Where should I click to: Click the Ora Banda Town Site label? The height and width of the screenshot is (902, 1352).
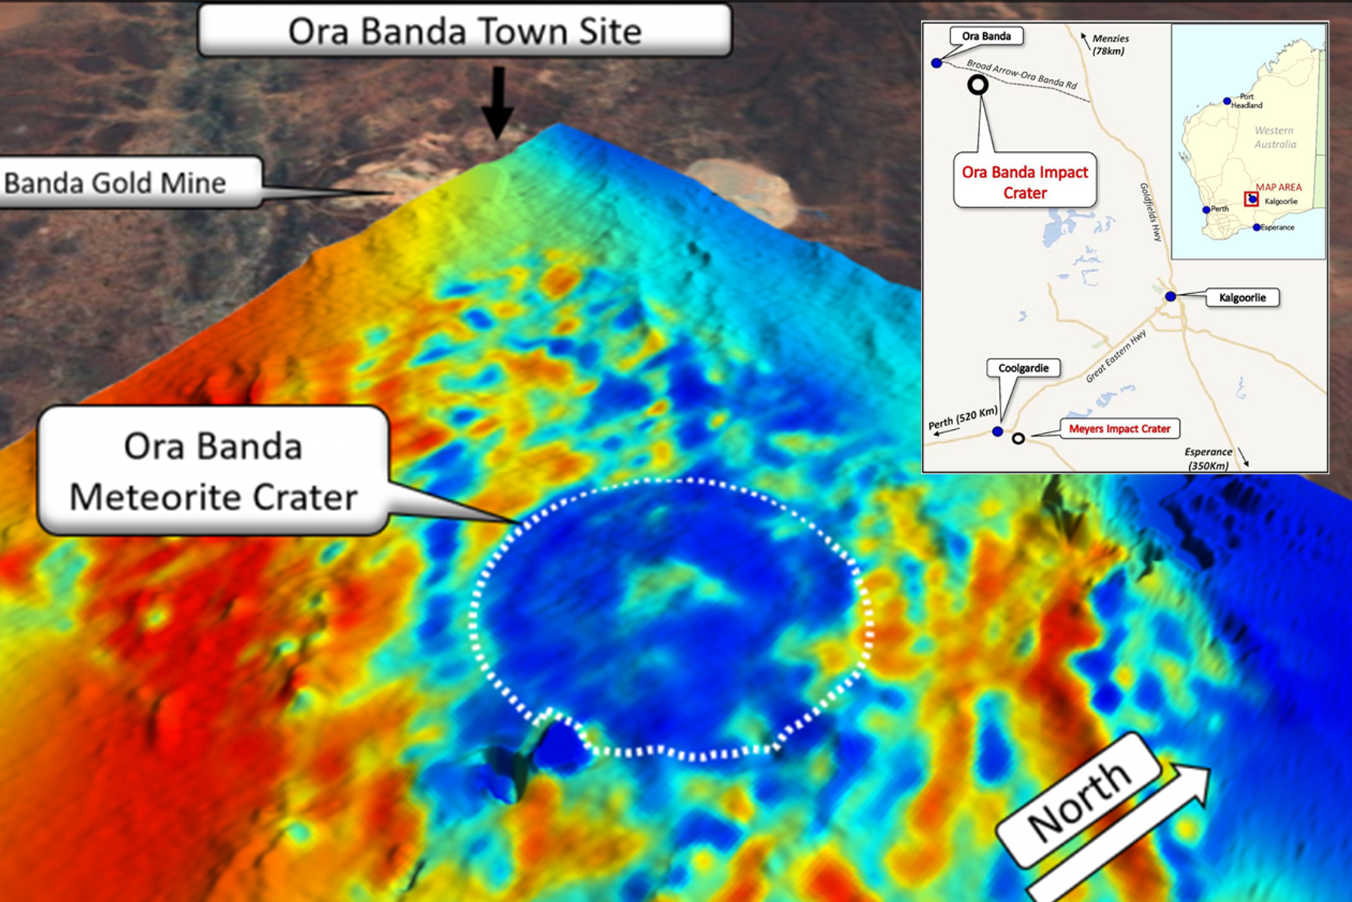[464, 31]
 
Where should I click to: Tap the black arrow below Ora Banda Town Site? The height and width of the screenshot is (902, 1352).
[497, 103]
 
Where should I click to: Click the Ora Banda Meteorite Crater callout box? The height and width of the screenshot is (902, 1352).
[213, 471]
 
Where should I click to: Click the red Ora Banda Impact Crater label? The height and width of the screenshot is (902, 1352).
[1025, 182]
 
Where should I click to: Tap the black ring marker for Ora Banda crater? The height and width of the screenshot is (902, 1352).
[977, 85]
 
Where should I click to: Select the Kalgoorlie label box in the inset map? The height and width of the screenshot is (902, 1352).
[1242, 298]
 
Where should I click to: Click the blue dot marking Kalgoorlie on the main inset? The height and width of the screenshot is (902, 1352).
[1170, 297]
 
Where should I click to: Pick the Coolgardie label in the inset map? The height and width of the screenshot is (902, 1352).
[1023, 368]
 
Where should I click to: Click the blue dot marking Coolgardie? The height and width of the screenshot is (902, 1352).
[997, 431]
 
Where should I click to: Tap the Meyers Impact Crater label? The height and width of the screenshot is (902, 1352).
[1119, 428]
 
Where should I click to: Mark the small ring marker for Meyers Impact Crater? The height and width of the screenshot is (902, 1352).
[1019, 438]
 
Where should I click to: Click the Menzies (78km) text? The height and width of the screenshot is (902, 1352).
[1109, 44]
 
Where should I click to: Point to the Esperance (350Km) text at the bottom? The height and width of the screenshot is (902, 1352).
[1208, 459]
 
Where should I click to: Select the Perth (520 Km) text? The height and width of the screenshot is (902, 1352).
[963, 418]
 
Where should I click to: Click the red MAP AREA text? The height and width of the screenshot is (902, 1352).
[1278, 187]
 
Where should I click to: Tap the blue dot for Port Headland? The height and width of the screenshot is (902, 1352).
[1227, 101]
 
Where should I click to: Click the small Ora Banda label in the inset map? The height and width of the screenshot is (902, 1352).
[986, 36]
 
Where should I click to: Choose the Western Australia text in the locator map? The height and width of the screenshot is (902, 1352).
[1275, 137]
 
